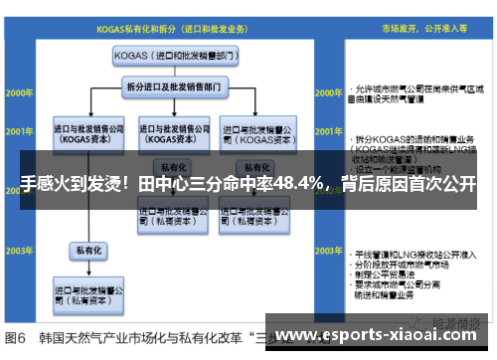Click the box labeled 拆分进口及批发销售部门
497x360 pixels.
[x=174, y=87]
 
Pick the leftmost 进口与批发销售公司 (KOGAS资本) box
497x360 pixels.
[x=89, y=133]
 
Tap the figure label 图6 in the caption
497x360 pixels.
[x=18, y=335]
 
